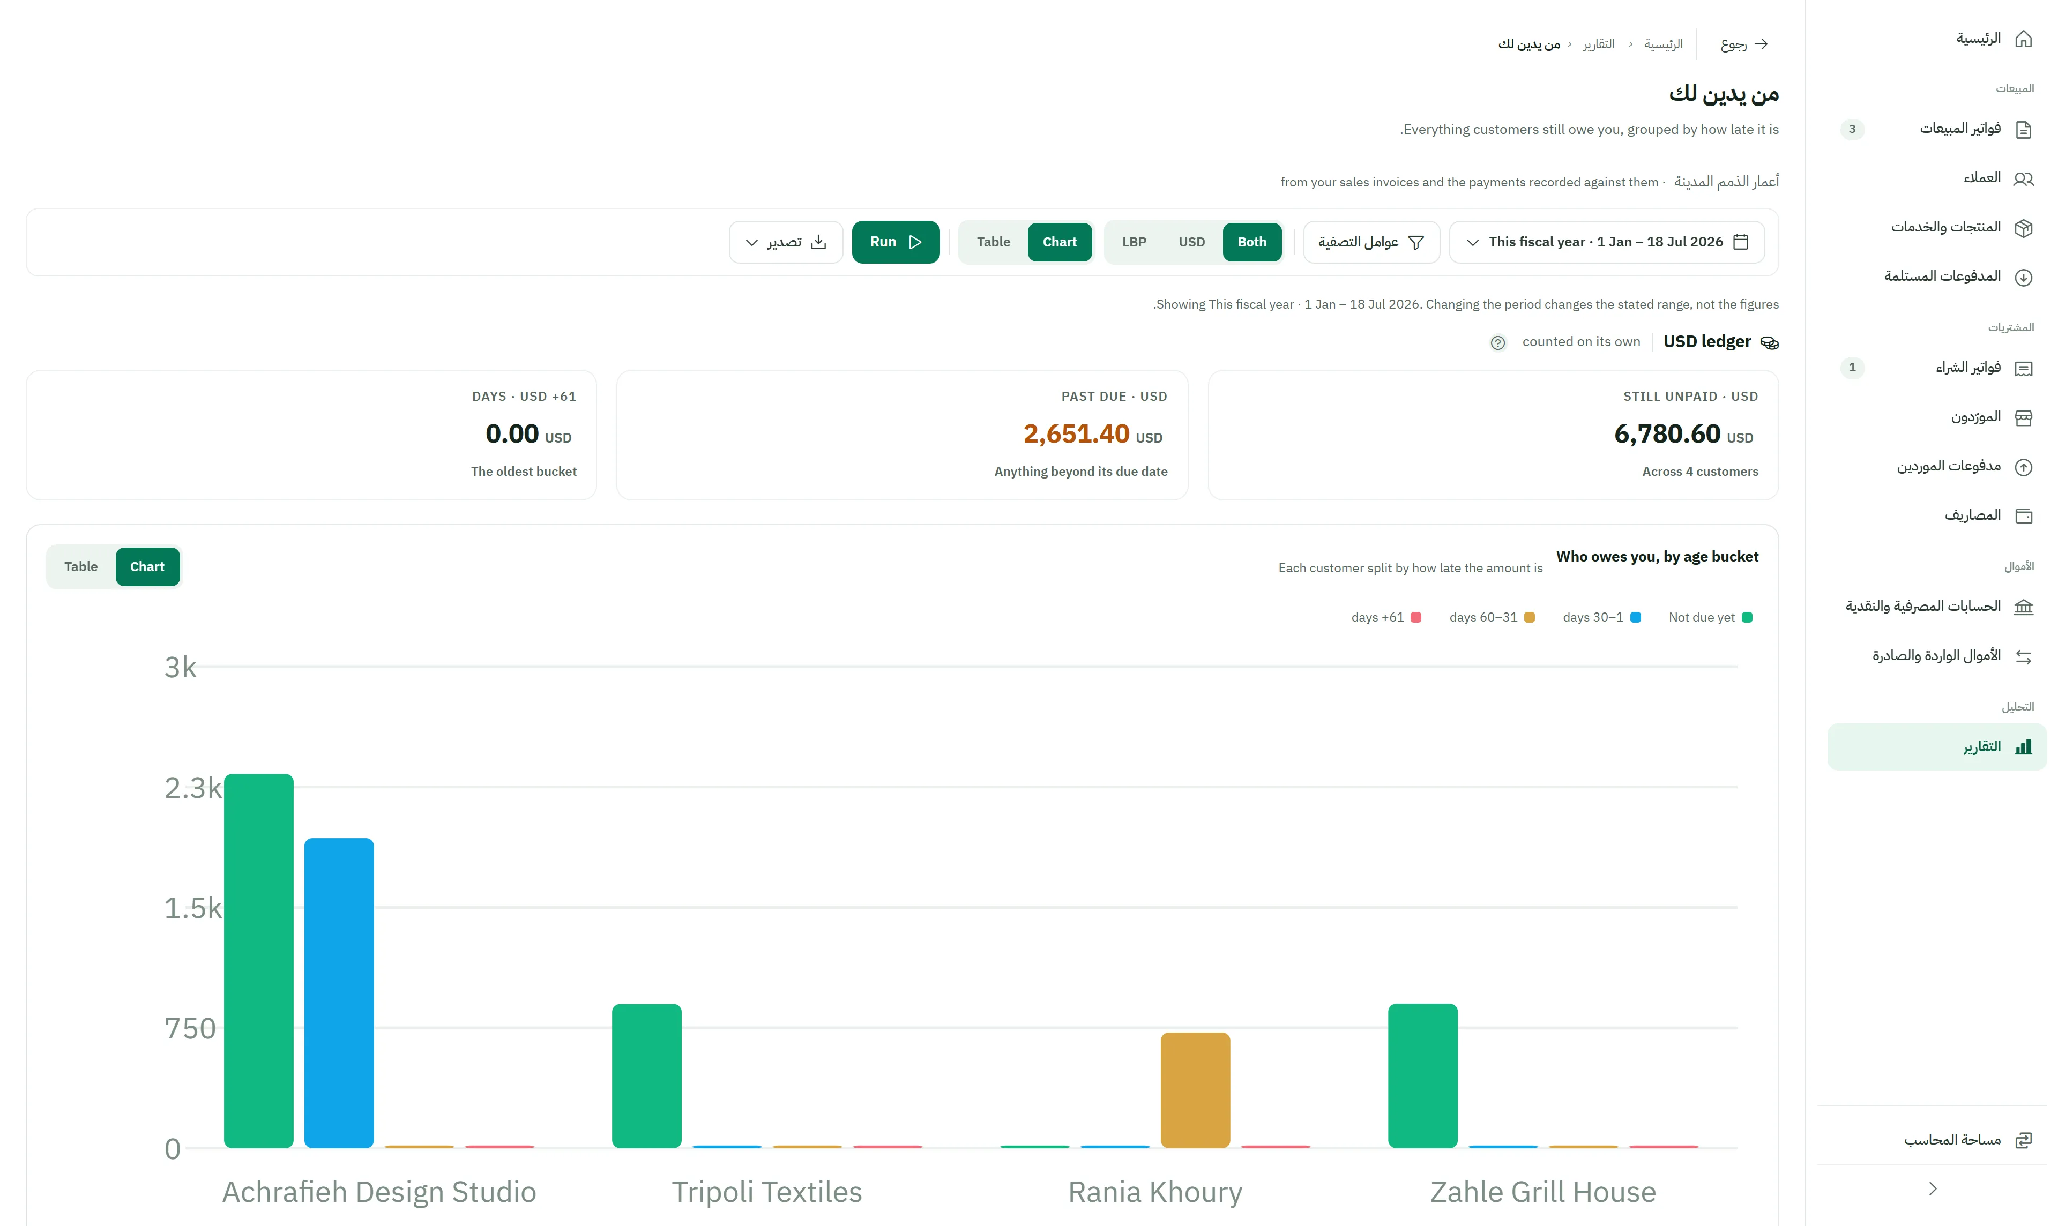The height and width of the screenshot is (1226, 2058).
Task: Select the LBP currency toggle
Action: tap(1134, 242)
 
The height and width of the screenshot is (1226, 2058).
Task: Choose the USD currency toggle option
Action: tap(1191, 242)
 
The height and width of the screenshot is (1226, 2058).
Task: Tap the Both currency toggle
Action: tap(1251, 242)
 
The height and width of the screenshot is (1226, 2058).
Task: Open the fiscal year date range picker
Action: tap(1607, 242)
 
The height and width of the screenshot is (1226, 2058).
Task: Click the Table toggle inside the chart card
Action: tap(81, 567)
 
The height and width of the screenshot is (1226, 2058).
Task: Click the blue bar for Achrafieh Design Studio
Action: tap(339, 993)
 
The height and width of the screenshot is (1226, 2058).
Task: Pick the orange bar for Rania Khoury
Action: tap(1195, 1090)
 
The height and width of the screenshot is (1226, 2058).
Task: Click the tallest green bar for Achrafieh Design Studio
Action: tap(259, 961)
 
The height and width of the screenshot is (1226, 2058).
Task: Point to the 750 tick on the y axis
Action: tap(190, 1029)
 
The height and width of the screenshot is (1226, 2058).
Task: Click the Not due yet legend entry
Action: tap(1709, 617)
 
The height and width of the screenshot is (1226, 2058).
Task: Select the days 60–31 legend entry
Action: tap(1491, 617)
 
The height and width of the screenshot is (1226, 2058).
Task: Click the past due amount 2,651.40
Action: tap(1076, 433)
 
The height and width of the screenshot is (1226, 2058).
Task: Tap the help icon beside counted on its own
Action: tap(1497, 343)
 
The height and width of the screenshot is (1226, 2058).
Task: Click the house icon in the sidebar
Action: tap(2023, 39)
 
